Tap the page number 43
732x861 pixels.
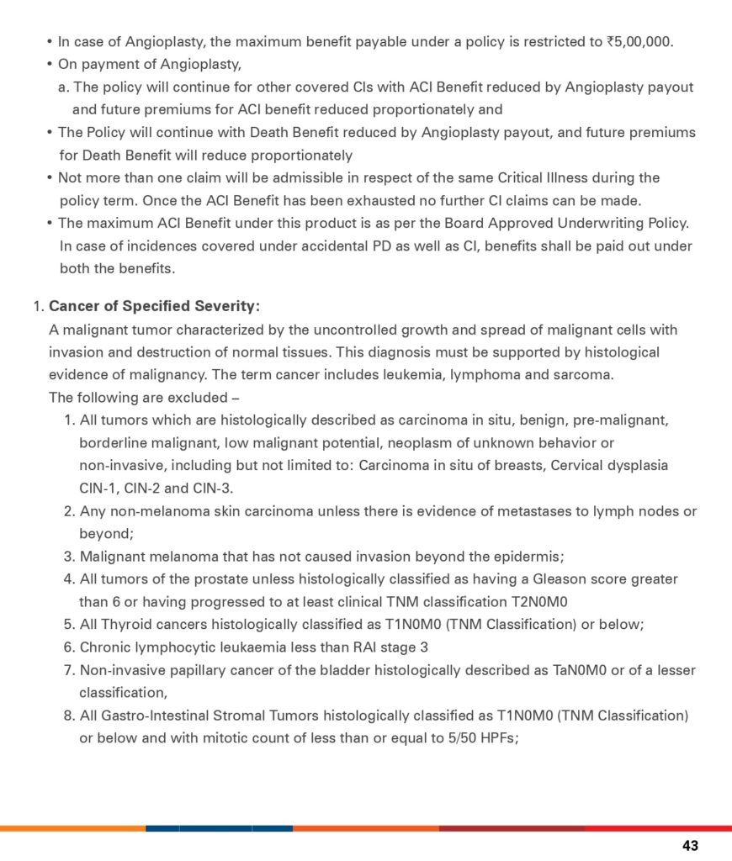pos(690,846)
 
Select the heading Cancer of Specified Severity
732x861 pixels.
pos(155,306)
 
